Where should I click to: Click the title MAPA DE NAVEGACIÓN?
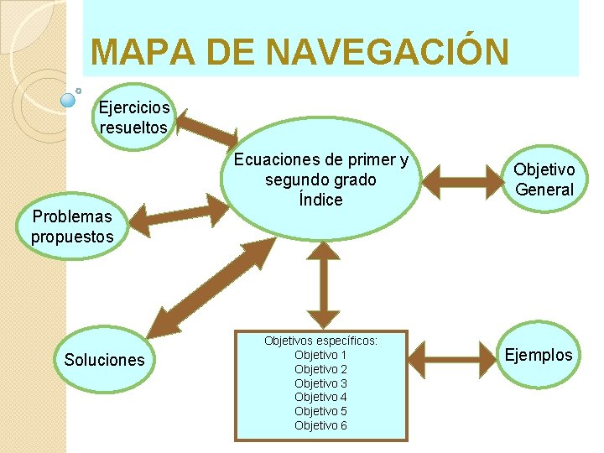[299, 52]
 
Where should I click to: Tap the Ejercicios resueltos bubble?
[133, 117]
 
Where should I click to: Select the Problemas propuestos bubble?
[72, 226]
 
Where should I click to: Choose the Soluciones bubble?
[104, 360]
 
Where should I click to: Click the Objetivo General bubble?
[544, 180]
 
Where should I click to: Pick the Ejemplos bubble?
[539, 355]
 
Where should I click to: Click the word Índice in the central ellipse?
[320, 200]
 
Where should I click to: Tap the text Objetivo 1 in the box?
[320, 355]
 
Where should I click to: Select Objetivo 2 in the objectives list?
[320, 369]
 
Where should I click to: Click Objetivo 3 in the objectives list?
[320, 383]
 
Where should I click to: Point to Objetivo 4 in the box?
[320, 397]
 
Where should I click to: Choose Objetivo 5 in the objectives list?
[320, 411]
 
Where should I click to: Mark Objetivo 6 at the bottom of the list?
[320, 425]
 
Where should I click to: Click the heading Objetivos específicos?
[320, 341]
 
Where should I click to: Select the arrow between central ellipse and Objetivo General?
[458, 178]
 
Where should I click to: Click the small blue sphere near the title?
[70, 100]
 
